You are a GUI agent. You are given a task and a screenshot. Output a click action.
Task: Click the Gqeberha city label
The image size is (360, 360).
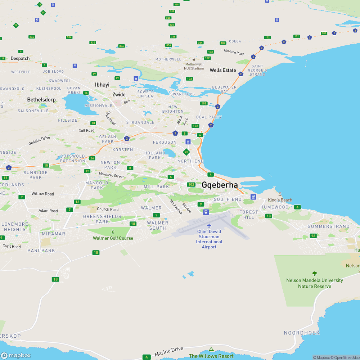(x=220, y=185)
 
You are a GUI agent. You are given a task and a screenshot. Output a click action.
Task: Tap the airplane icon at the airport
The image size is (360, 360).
(x=209, y=225)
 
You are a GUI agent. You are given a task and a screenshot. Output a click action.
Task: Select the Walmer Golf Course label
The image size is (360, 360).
(x=113, y=238)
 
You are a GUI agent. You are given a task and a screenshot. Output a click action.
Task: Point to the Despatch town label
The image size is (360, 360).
(x=20, y=58)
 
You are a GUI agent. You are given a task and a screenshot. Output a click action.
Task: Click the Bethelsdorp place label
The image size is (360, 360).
(x=41, y=99)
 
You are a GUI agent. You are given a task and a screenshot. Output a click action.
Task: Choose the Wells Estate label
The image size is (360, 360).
(x=223, y=70)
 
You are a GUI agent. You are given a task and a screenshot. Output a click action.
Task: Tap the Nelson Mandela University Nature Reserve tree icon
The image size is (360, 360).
(x=314, y=274)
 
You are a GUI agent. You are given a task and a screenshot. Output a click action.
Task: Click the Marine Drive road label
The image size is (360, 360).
(x=169, y=352)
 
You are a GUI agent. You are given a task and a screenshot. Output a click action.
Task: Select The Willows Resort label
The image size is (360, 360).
(x=211, y=356)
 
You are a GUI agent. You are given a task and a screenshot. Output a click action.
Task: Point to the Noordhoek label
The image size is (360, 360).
(x=302, y=333)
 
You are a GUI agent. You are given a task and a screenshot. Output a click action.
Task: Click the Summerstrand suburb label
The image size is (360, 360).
(x=328, y=226)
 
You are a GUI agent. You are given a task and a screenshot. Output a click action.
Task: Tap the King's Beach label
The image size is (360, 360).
(x=280, y=200)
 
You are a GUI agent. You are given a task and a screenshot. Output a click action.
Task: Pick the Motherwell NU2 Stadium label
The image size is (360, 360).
(x=194, y=66)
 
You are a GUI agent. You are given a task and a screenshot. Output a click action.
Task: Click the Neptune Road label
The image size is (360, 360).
(x=234, y=52)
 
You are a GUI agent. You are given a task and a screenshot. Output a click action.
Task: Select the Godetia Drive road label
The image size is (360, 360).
(x=39, y=141)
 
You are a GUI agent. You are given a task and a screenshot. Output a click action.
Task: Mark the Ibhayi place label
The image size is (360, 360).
(x=102, y=85)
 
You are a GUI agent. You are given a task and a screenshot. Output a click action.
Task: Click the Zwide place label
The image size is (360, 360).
(x=119, y=95)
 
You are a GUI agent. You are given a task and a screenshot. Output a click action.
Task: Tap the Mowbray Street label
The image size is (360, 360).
(x=111, y=175)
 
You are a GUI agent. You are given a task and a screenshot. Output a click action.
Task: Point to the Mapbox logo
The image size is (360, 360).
(x=15, y=355)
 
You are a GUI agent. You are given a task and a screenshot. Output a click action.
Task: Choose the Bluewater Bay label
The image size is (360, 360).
(x=224, y=89)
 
